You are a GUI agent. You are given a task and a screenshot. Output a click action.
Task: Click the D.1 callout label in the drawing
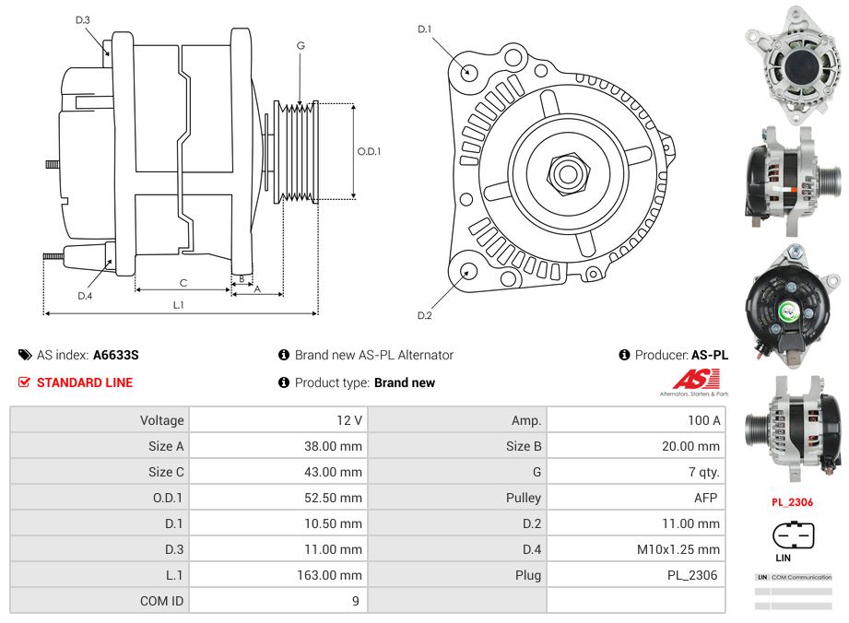424,29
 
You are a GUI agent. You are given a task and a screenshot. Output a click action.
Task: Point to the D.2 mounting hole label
424,316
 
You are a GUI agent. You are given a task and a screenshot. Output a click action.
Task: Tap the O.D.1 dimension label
369,152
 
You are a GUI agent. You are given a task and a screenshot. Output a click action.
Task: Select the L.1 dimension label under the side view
179,304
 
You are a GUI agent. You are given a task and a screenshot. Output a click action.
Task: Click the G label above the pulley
301,45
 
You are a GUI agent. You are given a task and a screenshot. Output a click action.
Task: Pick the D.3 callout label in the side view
83,19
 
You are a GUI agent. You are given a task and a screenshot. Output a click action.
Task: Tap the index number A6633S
116,355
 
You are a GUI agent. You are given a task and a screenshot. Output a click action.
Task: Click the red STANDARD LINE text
85,382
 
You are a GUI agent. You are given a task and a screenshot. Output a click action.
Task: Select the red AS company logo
696,379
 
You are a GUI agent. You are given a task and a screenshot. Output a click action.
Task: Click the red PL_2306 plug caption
792,502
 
